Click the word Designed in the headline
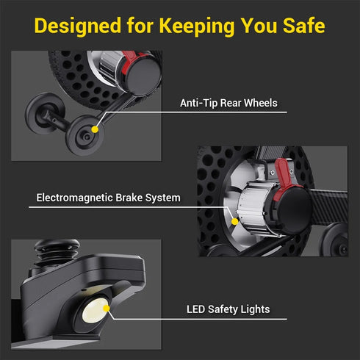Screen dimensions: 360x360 coord(78,26)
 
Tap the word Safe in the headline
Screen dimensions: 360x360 coord(304,25)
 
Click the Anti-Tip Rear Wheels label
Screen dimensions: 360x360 coord(228,103)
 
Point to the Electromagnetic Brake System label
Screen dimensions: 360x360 coord(108,198)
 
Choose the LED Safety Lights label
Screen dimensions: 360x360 coord(228,309)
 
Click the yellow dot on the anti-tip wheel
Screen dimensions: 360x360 coord(95,129)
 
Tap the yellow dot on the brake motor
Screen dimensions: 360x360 coord(234,222)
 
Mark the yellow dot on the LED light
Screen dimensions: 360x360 coord(106,309)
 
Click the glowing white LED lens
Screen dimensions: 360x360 coord(95,311)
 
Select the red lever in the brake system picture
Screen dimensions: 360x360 coord(284,176)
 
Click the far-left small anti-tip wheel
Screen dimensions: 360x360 coord(45,113)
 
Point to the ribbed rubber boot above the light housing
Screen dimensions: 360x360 coord(57,252)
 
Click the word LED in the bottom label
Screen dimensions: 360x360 coord(195,309)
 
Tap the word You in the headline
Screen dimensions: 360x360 coord(259,26)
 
